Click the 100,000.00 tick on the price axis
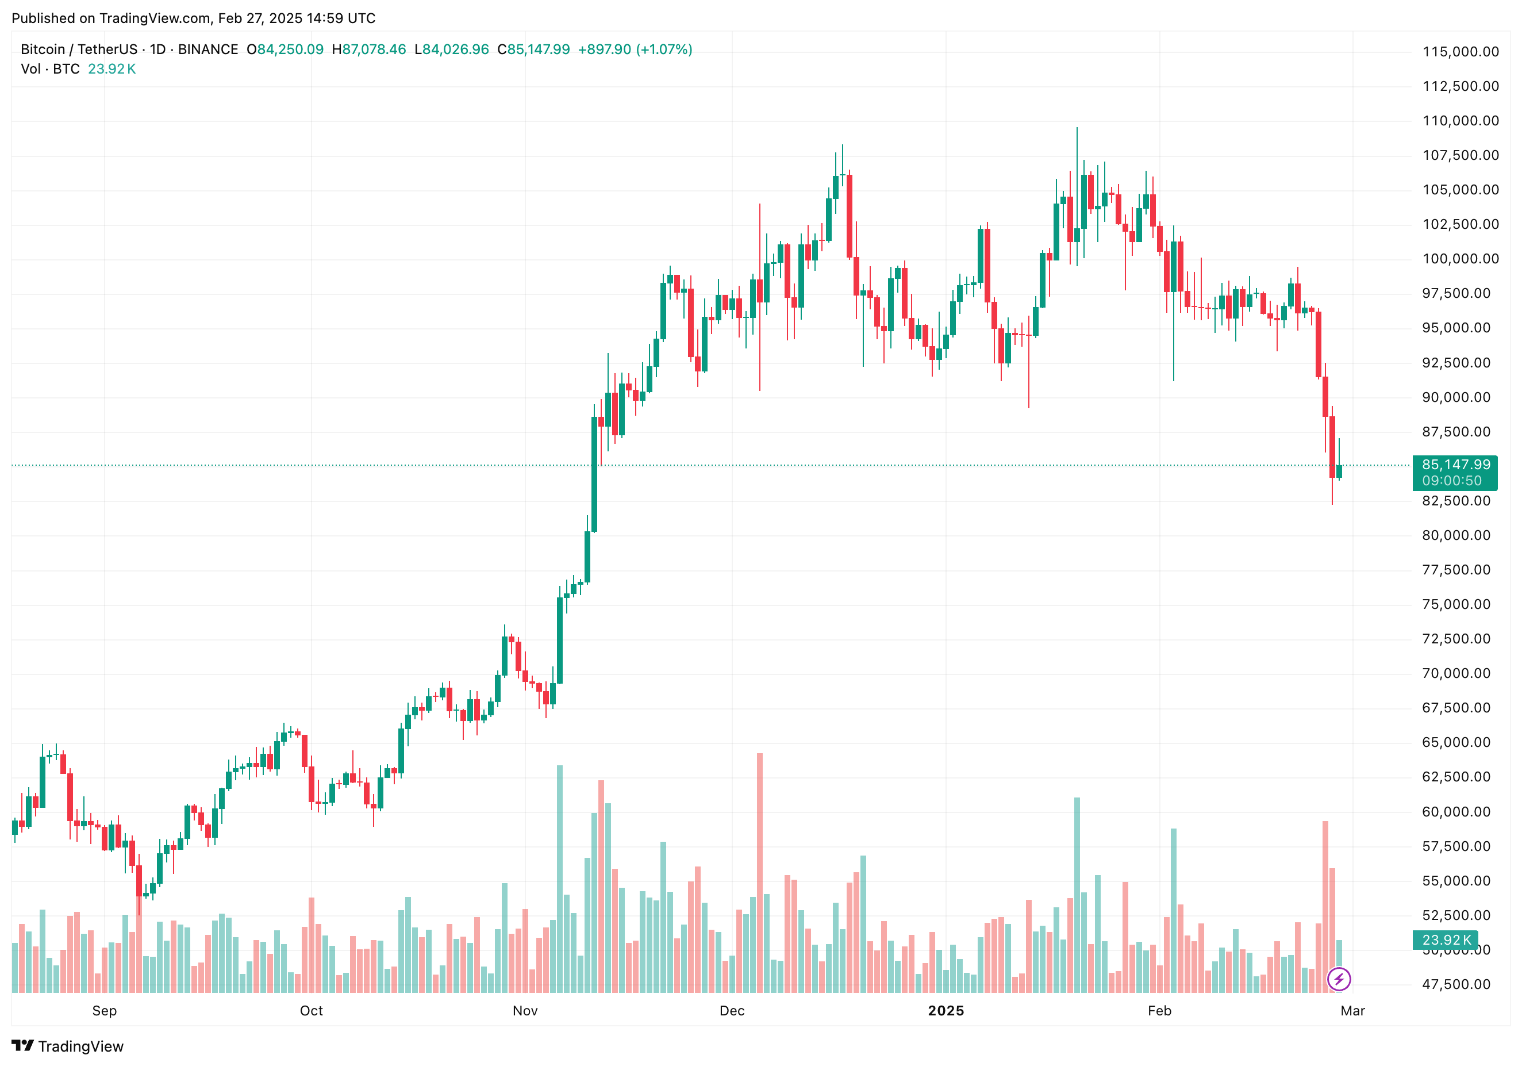point(1460,259)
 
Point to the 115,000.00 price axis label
point(1460,52)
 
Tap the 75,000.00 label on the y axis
point(1456,604)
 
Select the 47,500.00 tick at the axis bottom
point(1456,984)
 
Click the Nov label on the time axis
point(525,1010)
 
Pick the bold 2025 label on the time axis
point(946,1010)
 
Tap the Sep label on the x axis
point(104,1010)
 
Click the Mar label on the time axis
point(1352,1010)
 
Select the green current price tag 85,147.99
point(1456,465)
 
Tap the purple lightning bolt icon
point(1339,979)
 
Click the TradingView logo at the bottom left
point(68,1046)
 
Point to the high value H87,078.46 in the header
point(368,49)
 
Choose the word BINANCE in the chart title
point(208,49)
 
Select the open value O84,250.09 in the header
point(285,49)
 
